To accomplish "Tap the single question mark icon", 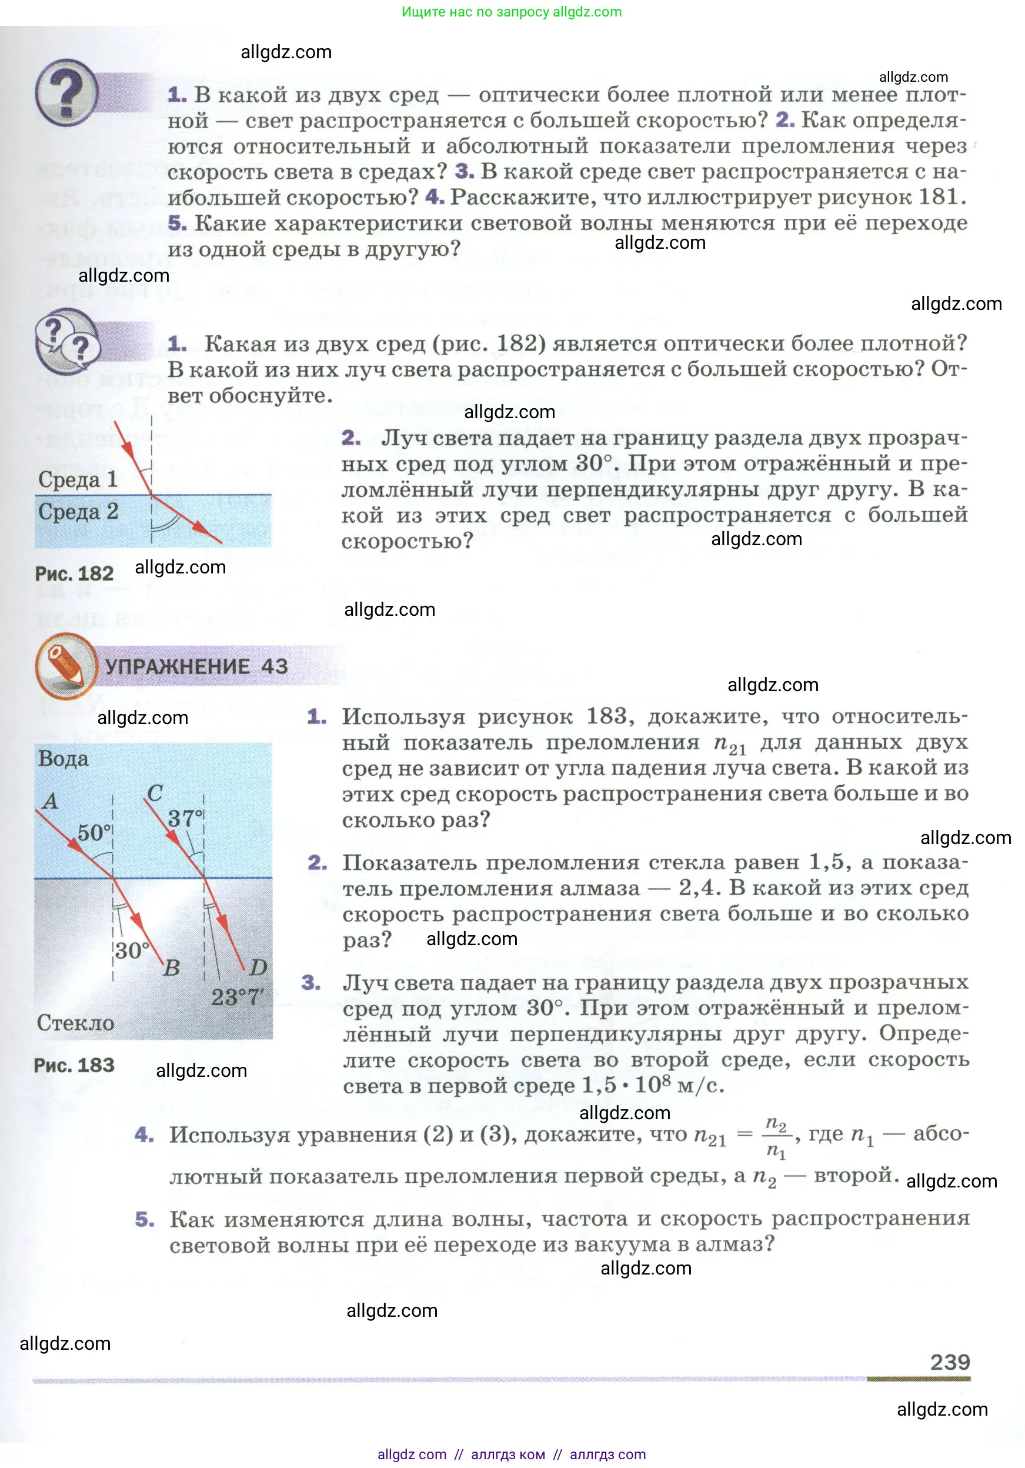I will click(x=66, y=93).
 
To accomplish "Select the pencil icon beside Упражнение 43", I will click(x=66, y=666).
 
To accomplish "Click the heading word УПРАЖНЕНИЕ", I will click(x=177, y=666).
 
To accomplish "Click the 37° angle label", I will click(x=185, y=818).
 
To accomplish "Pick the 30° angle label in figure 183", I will click(x=132, y=951).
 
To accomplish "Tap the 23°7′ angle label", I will click(x=237, y=997).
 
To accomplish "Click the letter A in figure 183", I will click(x=50, y=801).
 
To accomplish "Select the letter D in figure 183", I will click(x=258, y=967).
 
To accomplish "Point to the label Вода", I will click(x=63, y=759).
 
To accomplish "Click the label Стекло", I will click(x=75, y=1022).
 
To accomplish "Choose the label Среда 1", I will click(x=78, y=479).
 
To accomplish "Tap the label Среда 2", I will click(x=78, y=512).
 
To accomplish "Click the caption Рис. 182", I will click(x=74, y=573).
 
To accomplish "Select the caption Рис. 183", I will click(x=74, y=1065).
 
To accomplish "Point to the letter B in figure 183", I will click(x=171, y=968).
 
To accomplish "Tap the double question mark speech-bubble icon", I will click(x=66, y=342).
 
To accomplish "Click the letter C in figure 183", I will click(x=155, y=793).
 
